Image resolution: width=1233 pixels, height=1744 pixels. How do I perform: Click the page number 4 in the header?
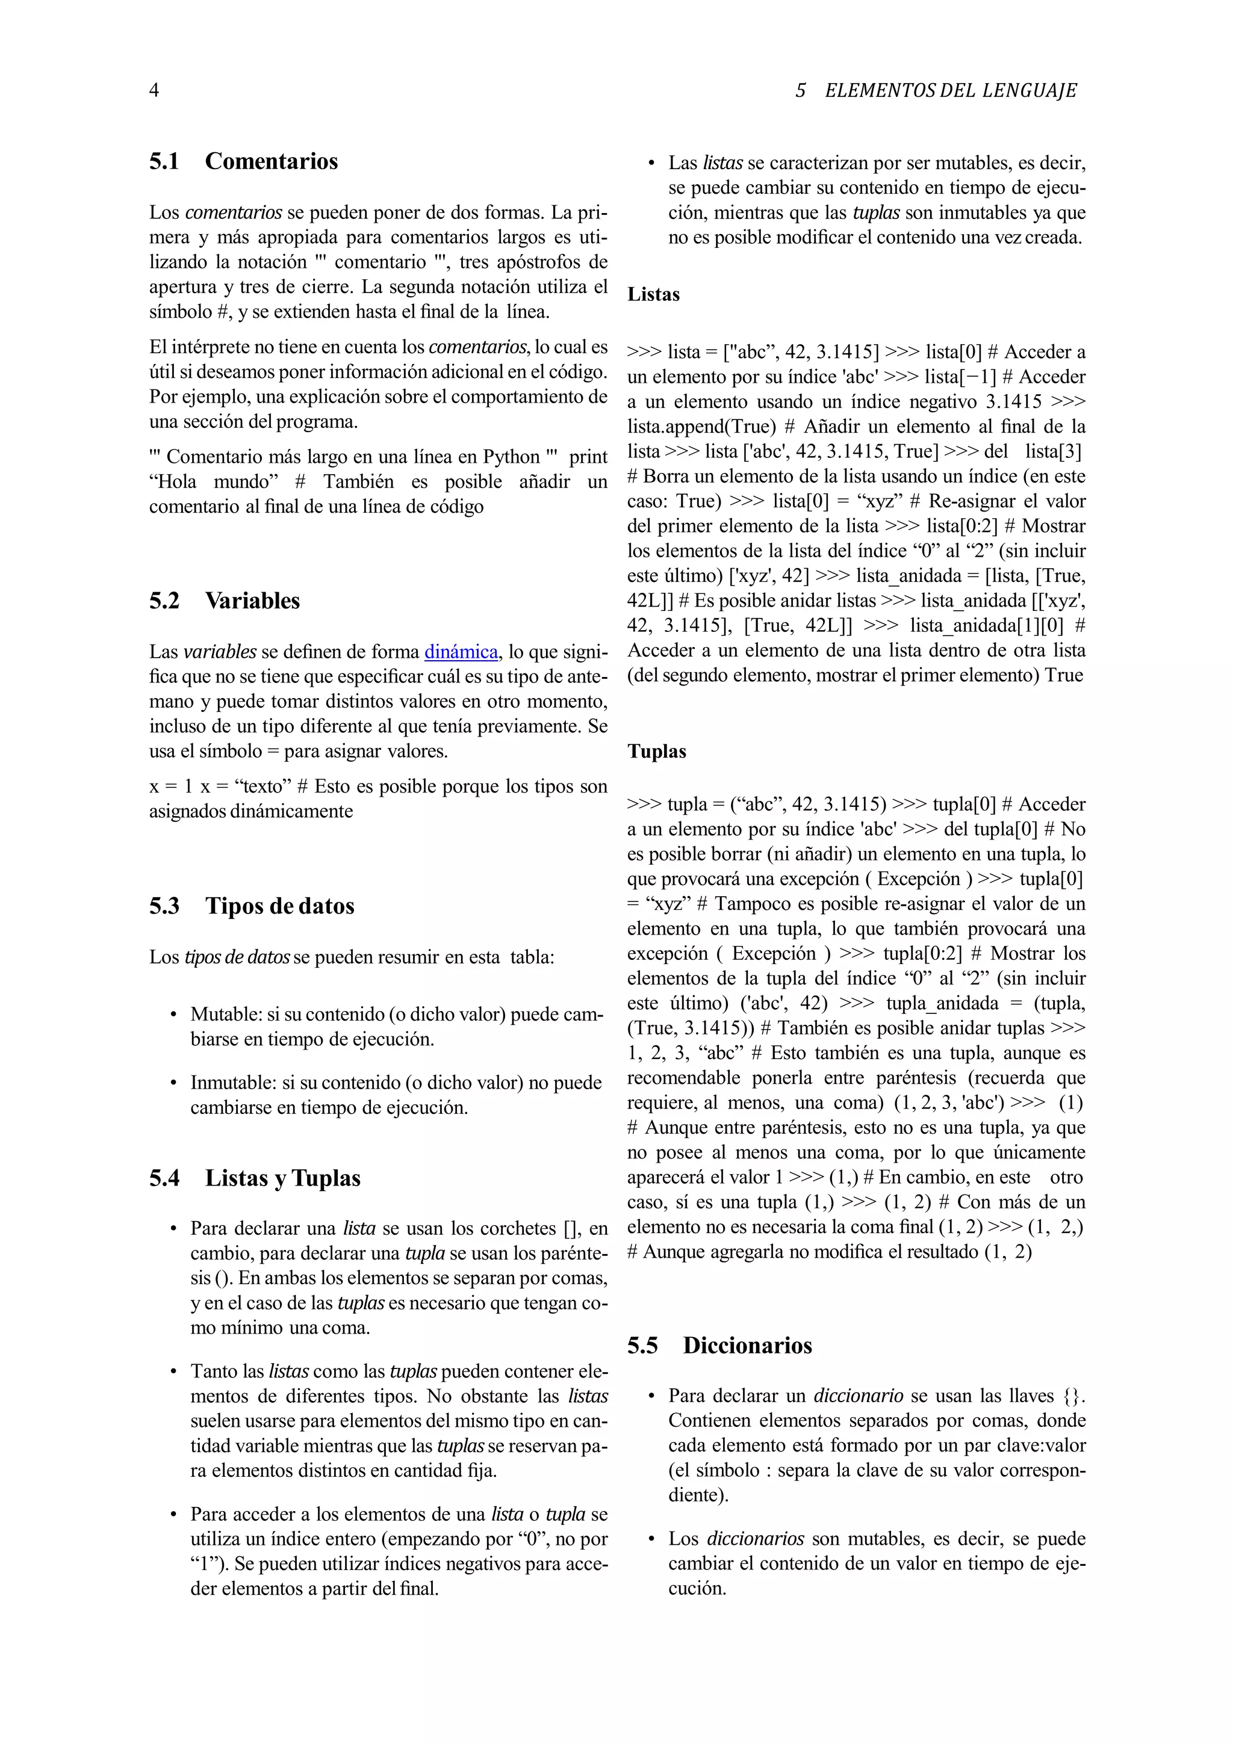point(154,90)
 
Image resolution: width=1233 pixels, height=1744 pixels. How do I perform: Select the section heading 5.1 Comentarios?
point(243,161)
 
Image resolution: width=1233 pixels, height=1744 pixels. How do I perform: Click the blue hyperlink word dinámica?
point(461,652)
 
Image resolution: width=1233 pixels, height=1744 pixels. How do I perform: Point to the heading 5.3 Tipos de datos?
point(252,906)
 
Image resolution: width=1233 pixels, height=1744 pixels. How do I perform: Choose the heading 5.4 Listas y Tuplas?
point(255,1178)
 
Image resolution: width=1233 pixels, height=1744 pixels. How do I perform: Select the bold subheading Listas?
point(653,295)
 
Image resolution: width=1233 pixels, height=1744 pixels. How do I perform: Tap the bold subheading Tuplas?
point(656,752)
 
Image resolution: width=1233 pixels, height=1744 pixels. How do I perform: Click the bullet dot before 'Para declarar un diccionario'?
point(650,1397)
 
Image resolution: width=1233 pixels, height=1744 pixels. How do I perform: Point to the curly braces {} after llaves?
point(1073,1396)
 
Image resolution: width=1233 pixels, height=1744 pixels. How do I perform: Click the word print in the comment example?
point(588,457)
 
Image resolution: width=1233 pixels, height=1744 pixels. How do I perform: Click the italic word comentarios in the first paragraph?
point(233,212)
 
